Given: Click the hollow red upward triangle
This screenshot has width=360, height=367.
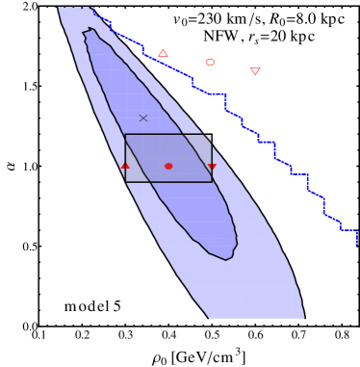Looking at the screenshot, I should point(163,53).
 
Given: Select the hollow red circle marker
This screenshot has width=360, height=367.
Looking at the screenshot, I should point(210,62).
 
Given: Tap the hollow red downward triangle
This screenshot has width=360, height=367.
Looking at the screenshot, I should point(255,70).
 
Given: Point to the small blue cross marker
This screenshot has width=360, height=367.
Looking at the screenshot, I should point(143,118).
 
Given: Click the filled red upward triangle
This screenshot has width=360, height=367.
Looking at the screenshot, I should point(125,166).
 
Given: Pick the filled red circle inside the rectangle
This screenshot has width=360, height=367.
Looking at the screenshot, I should point(168,166).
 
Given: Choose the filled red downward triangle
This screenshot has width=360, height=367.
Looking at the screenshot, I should point(212,167).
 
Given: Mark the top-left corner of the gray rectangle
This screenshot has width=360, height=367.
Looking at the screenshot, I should point(125,135).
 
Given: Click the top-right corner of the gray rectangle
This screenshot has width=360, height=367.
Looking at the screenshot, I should point(212,135).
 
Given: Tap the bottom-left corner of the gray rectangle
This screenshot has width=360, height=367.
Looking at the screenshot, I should point(125,182).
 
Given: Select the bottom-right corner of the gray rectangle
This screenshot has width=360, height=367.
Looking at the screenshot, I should point(212,182).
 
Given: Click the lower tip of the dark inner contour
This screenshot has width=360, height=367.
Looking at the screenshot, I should point(227,260).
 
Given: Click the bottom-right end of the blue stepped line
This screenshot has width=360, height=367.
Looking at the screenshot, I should point(356,245).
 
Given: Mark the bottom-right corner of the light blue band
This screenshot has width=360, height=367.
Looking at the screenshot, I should point(304,318).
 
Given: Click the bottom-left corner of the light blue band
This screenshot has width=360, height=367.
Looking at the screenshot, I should point(210,318).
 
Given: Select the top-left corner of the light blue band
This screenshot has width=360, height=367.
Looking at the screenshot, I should point(59,8).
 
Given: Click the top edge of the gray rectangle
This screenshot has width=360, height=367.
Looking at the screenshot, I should point(168,135).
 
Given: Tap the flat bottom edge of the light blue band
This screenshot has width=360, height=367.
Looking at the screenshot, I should point(257,318).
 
